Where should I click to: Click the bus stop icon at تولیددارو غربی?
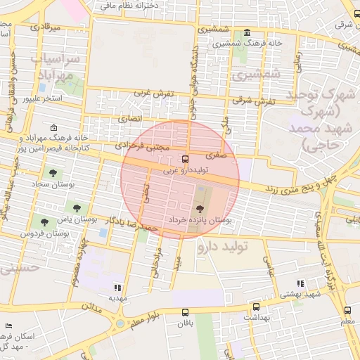pos(185,159)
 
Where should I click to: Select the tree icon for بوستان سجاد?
pos(53,172)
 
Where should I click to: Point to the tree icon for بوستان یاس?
pos(77,207)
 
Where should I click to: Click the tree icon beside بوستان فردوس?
pos(44,222)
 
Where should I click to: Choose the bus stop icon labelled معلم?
pos(347,310)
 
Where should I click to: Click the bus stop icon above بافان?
pos(186,313)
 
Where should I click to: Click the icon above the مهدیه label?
pos(117,287)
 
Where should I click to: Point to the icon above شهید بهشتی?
pos(301,283)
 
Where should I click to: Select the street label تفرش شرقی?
pos(257,101)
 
